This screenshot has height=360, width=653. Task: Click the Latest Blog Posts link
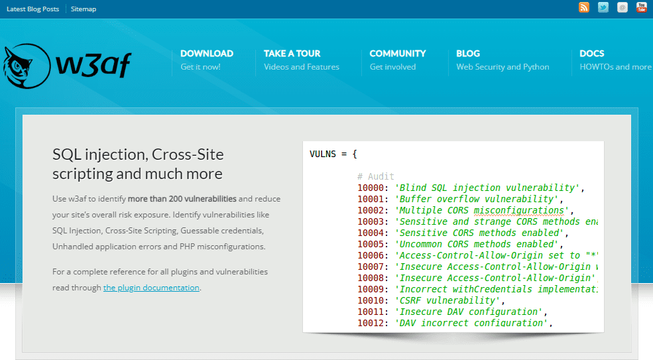33,9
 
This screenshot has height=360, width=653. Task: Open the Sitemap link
84,9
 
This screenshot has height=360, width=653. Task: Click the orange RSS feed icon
584,7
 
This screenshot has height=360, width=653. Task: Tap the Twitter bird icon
603,7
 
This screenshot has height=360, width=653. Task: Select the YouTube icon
641,7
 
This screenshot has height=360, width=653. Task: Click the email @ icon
623,7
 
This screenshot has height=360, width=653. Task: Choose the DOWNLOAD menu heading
207,54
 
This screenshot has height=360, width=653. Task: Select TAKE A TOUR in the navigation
292,54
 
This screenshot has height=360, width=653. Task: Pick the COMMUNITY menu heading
398,54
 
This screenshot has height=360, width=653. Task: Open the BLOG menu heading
468,54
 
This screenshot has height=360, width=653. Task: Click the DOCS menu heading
592,54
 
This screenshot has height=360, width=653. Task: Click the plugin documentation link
151,288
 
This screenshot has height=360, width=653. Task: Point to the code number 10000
370,188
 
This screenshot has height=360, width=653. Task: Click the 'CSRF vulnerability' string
447,300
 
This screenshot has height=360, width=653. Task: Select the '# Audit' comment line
376,176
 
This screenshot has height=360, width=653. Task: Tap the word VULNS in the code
323,154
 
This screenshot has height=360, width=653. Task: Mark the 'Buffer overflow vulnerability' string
476,199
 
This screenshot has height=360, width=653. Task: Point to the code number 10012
370,323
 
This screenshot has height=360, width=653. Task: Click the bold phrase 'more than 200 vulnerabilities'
182,199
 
